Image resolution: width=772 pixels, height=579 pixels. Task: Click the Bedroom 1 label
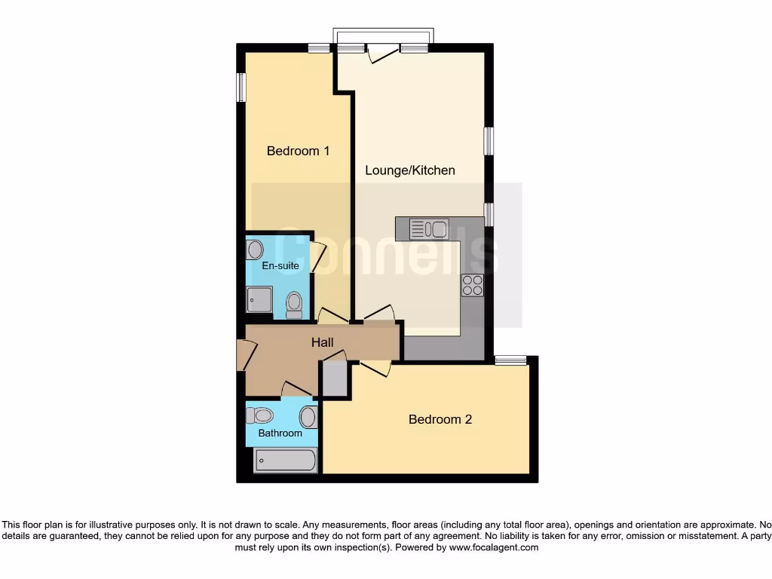(298, 151)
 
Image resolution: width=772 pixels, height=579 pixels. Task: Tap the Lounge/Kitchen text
(410, 170)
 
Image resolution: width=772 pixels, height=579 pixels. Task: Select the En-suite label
(280, 266)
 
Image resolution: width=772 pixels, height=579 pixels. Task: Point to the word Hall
(323, 343)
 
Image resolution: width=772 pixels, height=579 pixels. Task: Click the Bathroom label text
(280, 433)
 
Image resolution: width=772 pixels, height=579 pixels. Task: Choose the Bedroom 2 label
(440, 419)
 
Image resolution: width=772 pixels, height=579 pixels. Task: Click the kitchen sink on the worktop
(429, 229)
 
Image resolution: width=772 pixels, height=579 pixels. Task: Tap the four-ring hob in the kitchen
(473, 286)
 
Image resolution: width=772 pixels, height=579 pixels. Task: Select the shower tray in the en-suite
(259, 299)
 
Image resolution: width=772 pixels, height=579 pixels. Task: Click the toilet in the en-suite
(294, 305)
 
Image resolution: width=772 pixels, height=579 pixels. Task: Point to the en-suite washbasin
(255, 250)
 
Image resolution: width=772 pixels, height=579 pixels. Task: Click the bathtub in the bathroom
(285, 460)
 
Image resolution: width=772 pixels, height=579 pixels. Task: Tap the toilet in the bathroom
(259, 415)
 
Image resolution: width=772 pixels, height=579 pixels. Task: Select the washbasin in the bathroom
(308, 417)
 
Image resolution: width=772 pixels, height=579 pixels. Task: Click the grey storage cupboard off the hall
(335, 378)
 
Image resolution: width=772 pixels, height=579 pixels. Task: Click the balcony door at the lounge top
(383, 53)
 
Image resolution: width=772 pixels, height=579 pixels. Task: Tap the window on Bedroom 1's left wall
(241, 87)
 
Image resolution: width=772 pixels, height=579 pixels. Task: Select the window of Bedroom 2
(510, 360)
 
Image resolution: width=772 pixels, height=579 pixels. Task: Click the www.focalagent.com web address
(494, 548)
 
